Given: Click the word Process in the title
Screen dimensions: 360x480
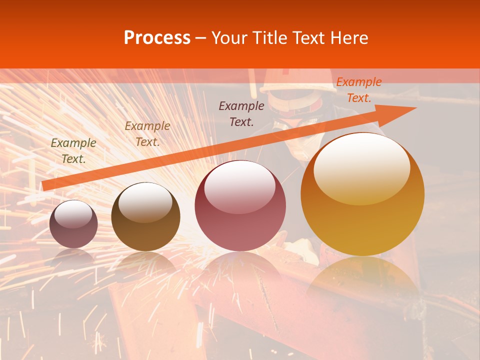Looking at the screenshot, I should coord(157,37).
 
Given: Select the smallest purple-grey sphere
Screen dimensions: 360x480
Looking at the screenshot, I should coord(73,224).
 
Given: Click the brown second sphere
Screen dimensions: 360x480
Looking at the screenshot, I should coord(145,217).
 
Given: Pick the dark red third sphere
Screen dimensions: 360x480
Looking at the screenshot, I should coord(240,206).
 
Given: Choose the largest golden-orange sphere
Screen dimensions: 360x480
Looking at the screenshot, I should coord(362,195).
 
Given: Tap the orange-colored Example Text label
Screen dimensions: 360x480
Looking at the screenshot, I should coord(358,90).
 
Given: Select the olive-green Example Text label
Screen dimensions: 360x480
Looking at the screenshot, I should coord(73,150).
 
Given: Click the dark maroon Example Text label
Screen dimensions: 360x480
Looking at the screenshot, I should coord(241,113).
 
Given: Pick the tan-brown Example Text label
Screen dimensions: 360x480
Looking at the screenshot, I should coord(147,133).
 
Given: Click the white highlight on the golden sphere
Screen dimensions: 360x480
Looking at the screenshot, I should coord(361,168).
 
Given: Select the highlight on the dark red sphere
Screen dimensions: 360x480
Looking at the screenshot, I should coord(239,186).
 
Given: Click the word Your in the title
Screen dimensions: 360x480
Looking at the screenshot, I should coord(228,37).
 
